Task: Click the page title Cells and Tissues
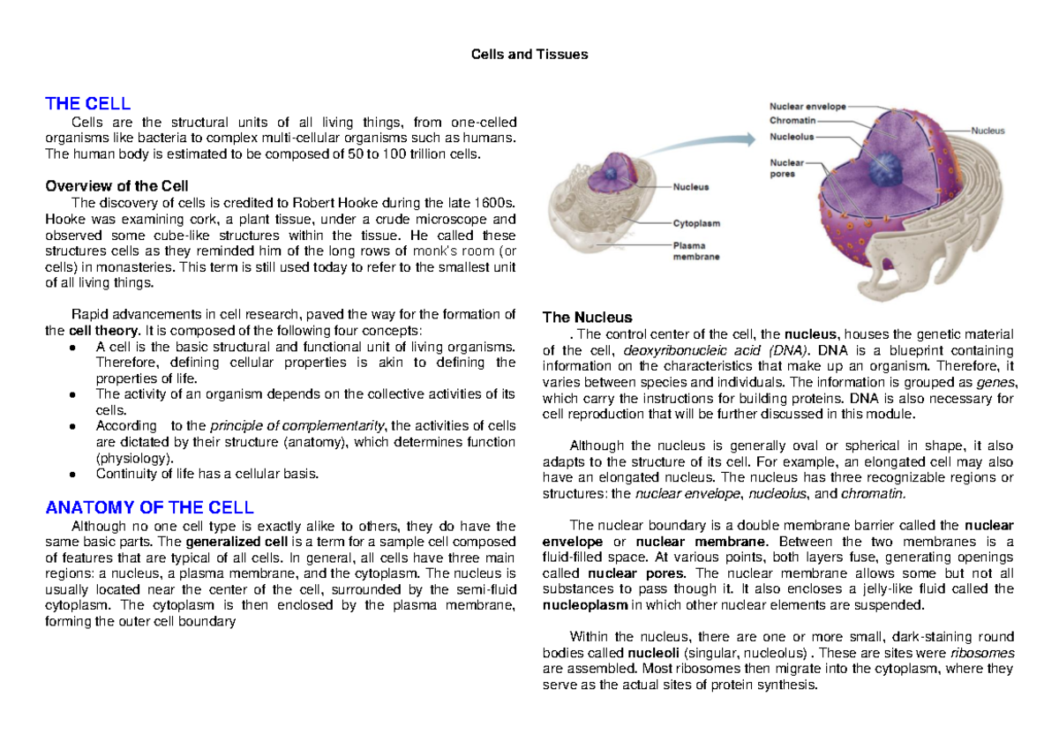[x=529, y=55]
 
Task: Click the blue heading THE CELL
[x=88, y=103]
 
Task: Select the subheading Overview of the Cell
[x=116, y=186]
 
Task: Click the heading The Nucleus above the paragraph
[x=587, y=318]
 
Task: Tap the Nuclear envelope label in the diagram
[x=807, y=107]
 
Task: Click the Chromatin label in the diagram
[x=792, y=120]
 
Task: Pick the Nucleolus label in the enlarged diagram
[x=792, y=137]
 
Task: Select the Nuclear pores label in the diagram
[x=786, y=168]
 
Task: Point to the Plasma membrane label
[x=696, y=251]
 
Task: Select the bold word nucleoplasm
[x=585, y=605]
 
